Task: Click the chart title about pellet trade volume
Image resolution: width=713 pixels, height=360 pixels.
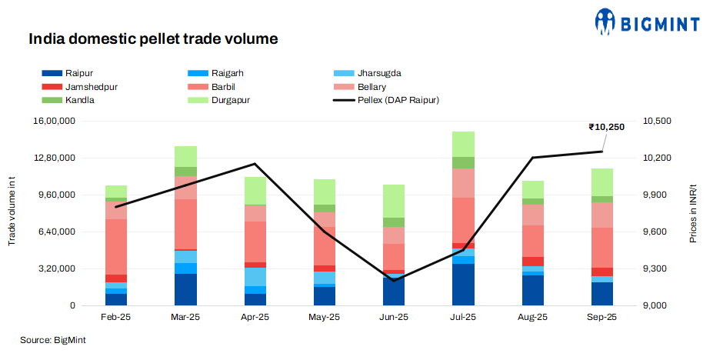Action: coord(152,38)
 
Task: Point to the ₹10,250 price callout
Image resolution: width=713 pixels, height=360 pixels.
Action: coord(606,126)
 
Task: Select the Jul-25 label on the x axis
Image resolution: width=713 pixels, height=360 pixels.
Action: coord(463,317)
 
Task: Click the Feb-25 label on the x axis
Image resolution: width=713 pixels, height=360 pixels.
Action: coord(116,317)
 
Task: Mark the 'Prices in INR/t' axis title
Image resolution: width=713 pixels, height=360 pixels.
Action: coord(693,212)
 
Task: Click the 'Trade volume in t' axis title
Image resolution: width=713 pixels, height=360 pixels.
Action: coord(12,213)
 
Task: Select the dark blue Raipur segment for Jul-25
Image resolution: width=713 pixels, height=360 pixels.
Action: coord(463,285)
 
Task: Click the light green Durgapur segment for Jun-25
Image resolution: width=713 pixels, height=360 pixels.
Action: coord(394,201)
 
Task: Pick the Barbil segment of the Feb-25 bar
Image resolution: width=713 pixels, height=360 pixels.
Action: coord(116,246)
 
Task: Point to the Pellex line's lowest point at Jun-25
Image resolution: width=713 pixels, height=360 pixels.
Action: coord(394,280)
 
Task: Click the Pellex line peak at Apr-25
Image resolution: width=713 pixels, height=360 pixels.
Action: coord(255,164)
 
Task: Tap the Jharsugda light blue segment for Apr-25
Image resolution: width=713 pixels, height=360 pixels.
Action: coord(255,277)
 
